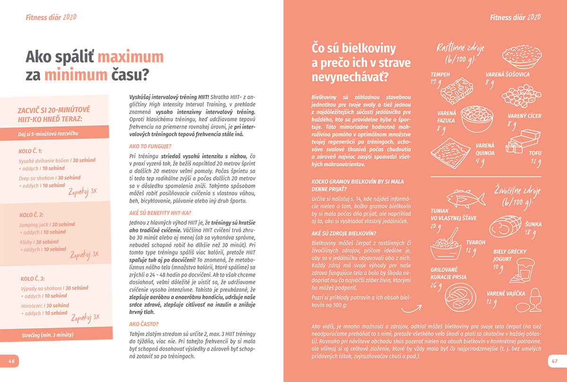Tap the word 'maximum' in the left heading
point(130,57)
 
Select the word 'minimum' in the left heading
point(76,75)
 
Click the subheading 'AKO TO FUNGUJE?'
point(150,146)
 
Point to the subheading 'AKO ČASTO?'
point(144,324)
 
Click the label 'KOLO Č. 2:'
point(32,215)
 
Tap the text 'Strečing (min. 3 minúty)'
point(47,335)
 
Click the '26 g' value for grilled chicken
point(436,286)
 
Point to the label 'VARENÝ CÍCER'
point(524,116)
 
